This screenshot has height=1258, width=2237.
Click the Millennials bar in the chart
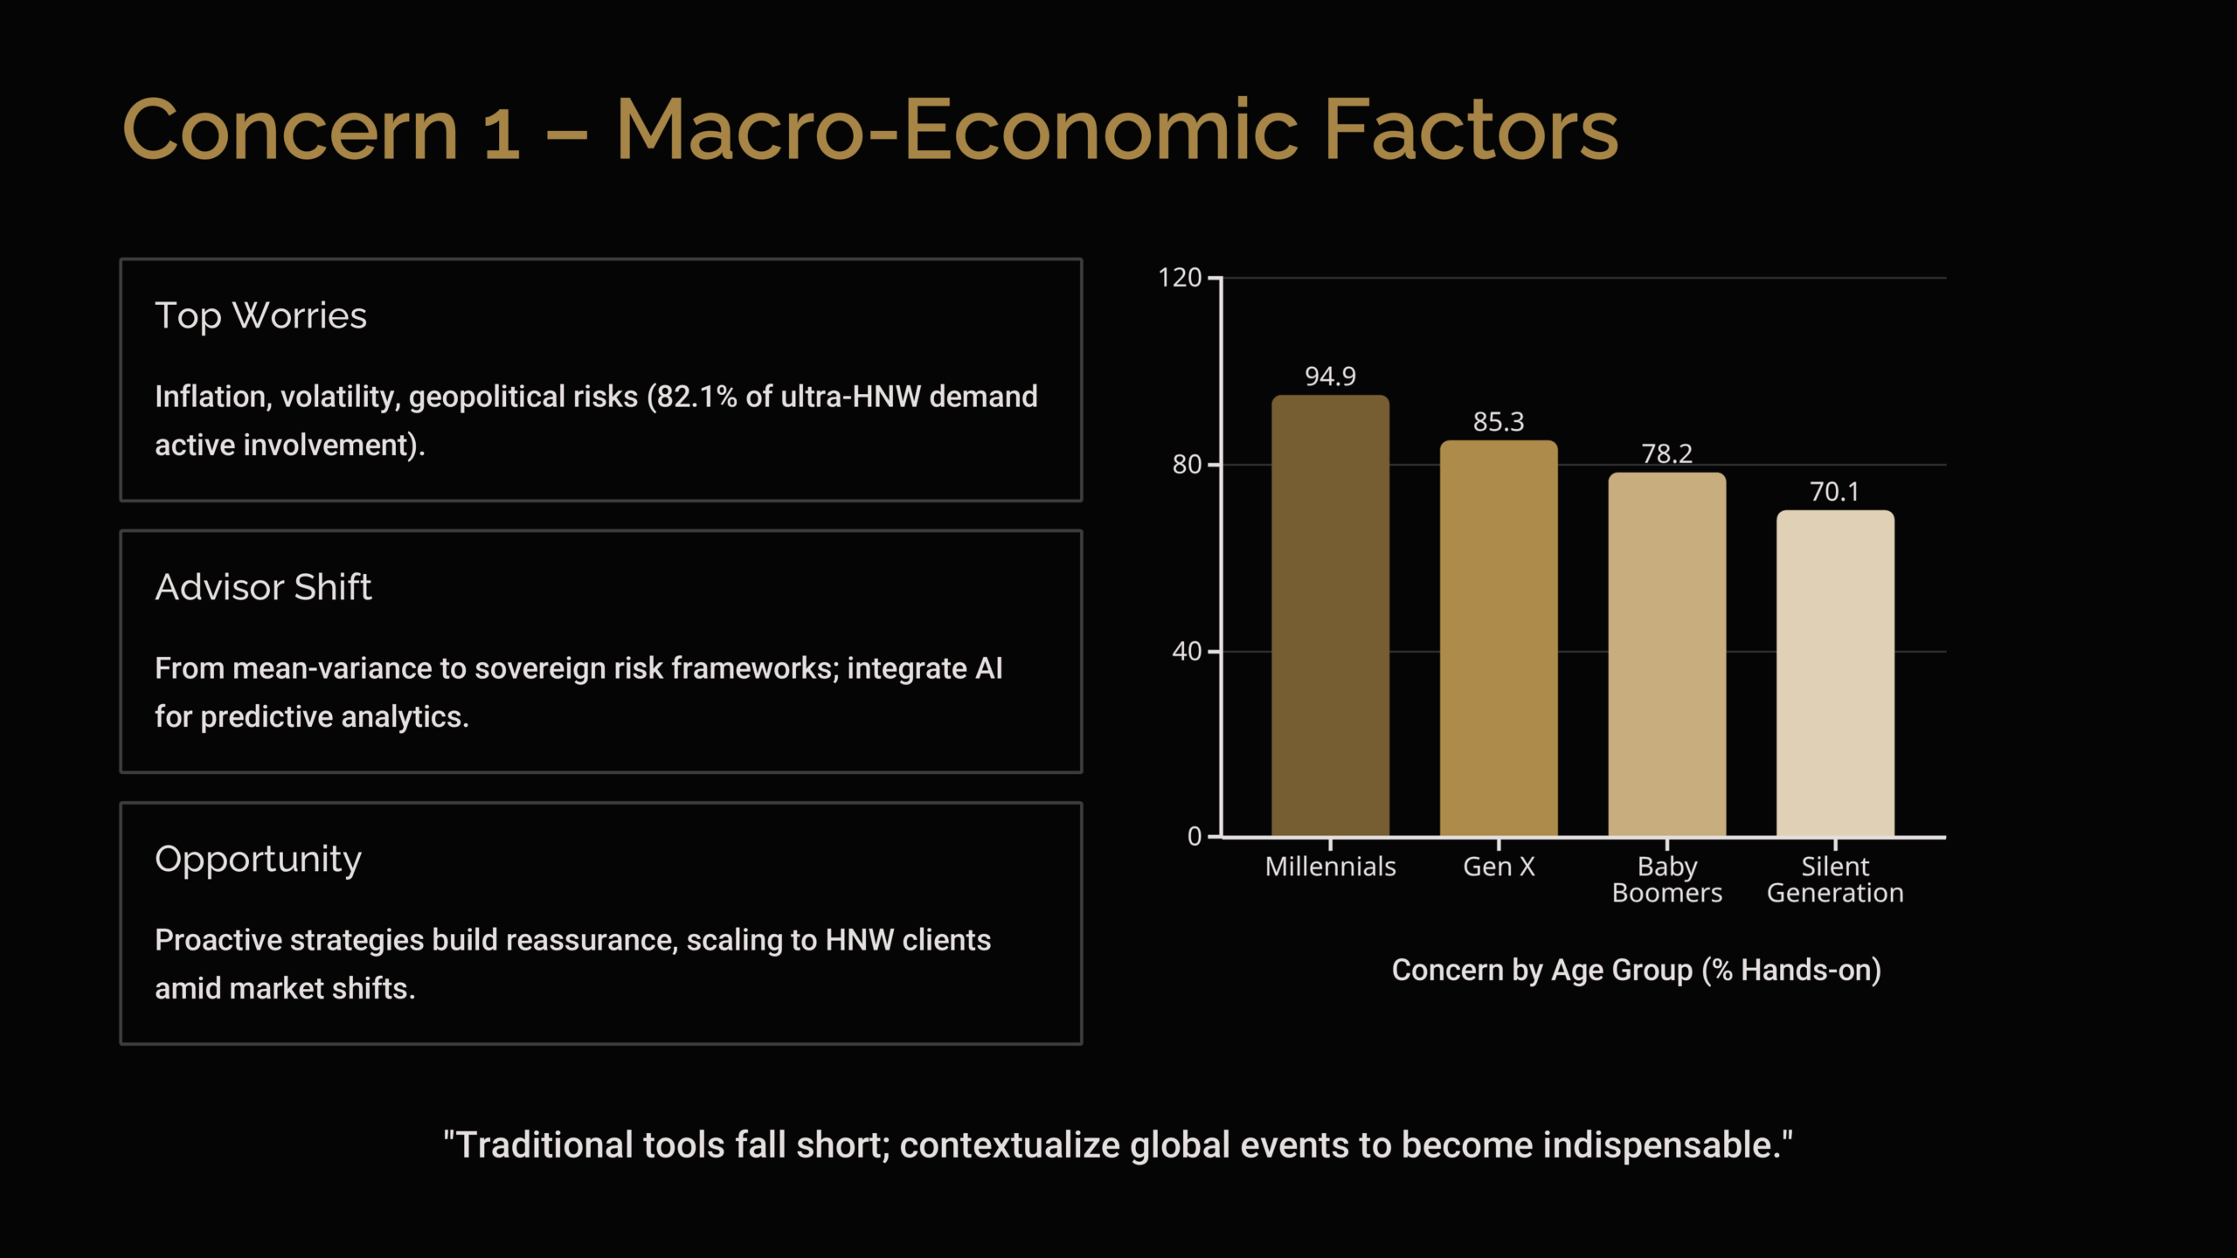[x=1330, y=616]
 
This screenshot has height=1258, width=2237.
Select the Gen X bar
[x=1499, y=639]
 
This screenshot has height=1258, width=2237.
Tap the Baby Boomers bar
[x=1667, y=654]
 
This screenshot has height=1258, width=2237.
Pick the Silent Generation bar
[x=1835, y=674]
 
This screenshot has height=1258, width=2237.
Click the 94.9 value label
[x=1330, y=377]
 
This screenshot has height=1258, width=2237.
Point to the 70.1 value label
[x=1835, y=492]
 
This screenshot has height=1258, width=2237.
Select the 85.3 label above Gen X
[x=1499, y=422]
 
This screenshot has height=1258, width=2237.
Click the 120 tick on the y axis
[x=1180, y=278]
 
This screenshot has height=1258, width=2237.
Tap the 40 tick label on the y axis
[x=1187, y=651]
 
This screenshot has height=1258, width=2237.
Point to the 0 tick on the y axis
[x=1195, y=837]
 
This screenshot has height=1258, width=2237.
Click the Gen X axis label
[x=1499, y=867]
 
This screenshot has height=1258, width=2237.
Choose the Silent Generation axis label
[x=1835, y=880]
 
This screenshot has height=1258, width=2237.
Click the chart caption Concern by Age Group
[x=1636, y=971]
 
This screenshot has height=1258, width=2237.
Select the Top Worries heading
[x=260, y=316]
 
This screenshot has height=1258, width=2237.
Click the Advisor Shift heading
[x=263, y=587]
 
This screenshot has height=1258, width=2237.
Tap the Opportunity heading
[x=258, y=861]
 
